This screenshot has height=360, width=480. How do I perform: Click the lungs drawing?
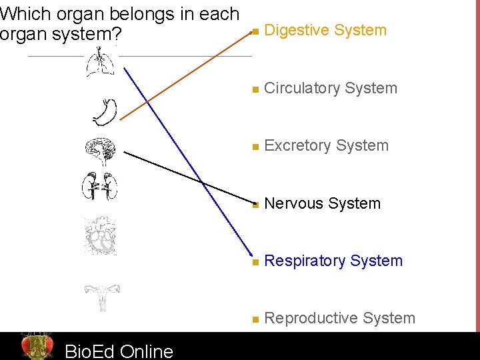tap(101, 64)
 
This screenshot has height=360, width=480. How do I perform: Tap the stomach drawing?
tap(105, 112)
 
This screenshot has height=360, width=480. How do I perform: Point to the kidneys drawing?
tap(99, 186)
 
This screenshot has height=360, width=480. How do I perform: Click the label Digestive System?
tap(325, 30)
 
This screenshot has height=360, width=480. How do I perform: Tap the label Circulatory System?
tap(331, 88)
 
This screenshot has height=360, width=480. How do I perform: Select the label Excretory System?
tap(326, 145)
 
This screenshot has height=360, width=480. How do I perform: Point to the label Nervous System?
tap(322, 203)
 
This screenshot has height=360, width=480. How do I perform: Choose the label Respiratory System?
tap(333, 261)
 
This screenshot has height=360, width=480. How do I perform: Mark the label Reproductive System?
tap(339, 318)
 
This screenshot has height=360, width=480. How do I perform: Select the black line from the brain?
tap(187, 177)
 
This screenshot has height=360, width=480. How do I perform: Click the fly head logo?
tap(37, 346)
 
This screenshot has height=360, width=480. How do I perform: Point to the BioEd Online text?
tap(119, 351)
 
